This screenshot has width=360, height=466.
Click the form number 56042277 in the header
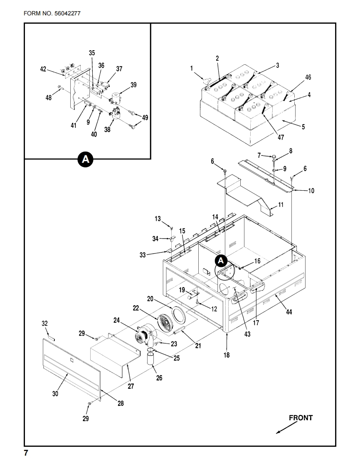[67, 13]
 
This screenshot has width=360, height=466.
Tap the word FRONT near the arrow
[301, 418]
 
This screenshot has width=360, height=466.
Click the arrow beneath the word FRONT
[286, 429]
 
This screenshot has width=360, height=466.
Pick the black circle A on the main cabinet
[221, 260]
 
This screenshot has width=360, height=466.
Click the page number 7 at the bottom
[26, 453]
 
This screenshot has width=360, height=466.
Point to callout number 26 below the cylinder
[159, 378]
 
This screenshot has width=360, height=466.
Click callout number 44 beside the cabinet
[289, 312]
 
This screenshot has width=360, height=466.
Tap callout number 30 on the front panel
[55, 394]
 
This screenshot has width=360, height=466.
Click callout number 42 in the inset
[43, 69]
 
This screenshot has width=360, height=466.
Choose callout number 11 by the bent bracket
[281, 205]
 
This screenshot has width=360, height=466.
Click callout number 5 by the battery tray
[303, 127]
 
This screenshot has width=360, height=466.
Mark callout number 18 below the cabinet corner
[227, 355]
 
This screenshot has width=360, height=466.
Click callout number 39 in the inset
[133, 85]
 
